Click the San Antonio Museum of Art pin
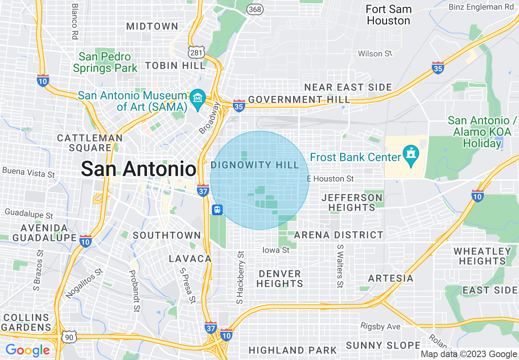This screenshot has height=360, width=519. pos(198,99)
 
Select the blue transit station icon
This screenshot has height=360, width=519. pos(217,210)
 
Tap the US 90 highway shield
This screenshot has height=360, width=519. pos(68,337)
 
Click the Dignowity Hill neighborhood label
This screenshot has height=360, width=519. pos(255,165)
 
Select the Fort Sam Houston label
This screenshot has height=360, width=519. pos(388,15)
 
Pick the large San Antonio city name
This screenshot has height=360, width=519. pos(139,169)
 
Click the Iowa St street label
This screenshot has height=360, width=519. pos(276,250)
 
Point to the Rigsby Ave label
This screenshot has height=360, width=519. pos(380,326)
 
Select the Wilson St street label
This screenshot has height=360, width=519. pos(375,54)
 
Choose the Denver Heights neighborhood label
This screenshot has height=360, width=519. pos(280,278)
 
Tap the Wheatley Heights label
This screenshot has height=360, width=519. pos(483,256)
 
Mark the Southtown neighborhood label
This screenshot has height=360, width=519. pos(167,235)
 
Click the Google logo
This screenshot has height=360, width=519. pos(27,350)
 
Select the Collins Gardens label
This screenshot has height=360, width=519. pos(26,322)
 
